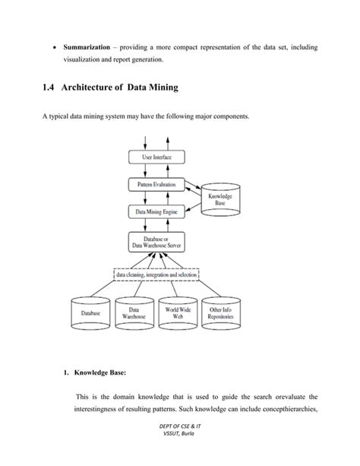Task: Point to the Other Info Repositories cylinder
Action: click(224, 312)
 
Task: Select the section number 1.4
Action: click(51, 89)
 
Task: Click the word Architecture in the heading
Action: click(97, 89)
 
